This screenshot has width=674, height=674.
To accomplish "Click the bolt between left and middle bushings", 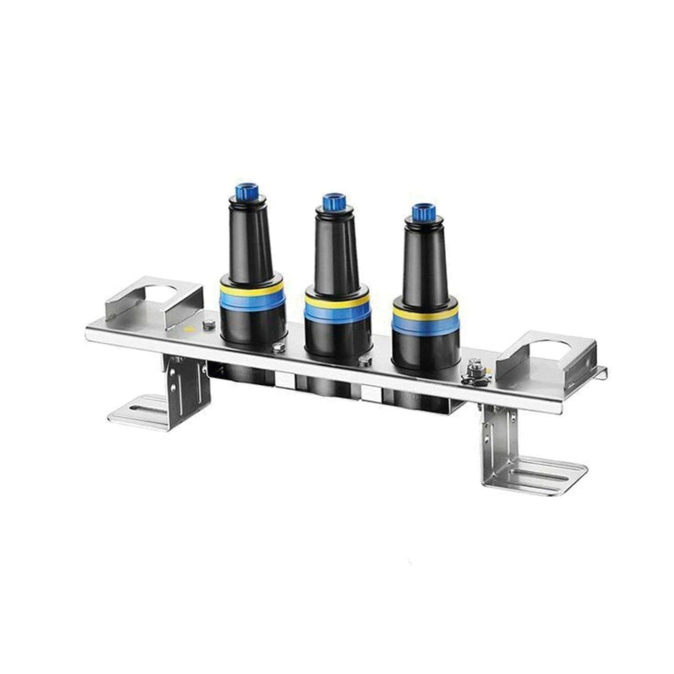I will pos(278,348).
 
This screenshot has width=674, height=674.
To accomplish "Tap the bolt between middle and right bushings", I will pos(364,361).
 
